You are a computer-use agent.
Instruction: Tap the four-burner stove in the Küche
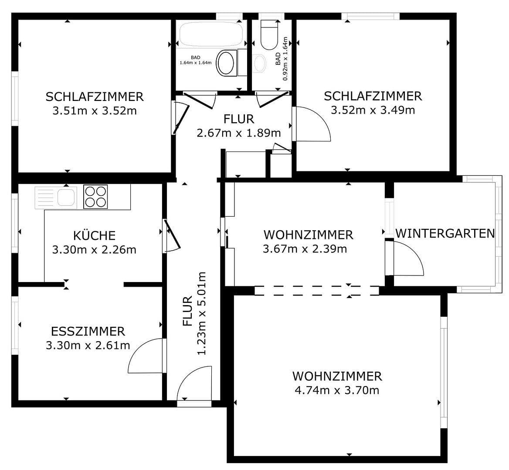(x=95, y=197)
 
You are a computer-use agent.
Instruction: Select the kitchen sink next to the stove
(x=56, y=197)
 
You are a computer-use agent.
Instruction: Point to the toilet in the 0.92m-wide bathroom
(x=269, y=35)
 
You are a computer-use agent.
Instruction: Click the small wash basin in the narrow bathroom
(x=260, y=63)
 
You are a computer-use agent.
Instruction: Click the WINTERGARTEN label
(x=445, y=233)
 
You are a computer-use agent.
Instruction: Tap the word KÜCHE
(x=94, y=235)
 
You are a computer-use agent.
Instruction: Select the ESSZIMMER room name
(x=88, y=332)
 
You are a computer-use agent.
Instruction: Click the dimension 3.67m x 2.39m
(x=305, y=249)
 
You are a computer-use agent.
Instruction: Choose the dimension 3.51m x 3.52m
(x=95, y=111)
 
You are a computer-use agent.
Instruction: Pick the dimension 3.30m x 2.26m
(x=94, y=250)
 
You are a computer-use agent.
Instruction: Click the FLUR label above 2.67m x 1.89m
(x=238, y=119)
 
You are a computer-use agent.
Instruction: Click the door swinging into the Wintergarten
(x=405, y=259)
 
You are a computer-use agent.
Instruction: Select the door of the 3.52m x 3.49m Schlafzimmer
(x=311, y=124)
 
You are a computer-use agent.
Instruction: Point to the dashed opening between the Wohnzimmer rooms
(x=317, y=291)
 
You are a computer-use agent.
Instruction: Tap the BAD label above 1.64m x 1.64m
(x=196, y=57)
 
